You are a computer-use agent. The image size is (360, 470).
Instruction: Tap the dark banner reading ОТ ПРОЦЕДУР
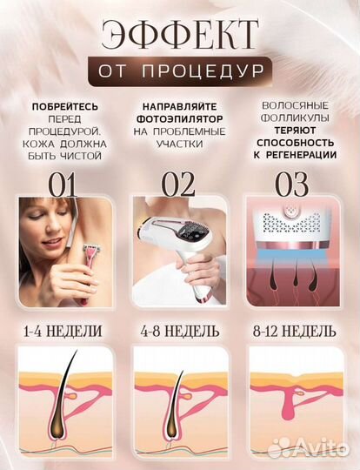click(x=179, y=70)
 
